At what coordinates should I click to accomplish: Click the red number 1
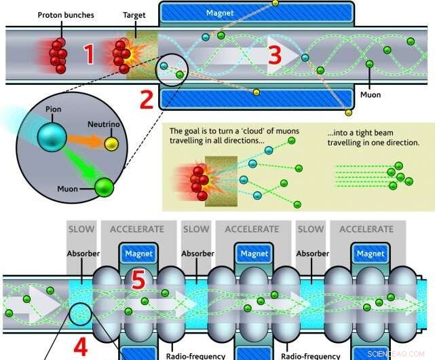click(89, 54)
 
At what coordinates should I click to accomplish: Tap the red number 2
click(146, 100)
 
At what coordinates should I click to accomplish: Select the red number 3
click(274, 55)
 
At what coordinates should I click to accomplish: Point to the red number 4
click(80, 346)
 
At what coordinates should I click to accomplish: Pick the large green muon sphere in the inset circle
click(105, 186)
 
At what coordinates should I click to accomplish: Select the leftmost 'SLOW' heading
click(81, 229)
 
